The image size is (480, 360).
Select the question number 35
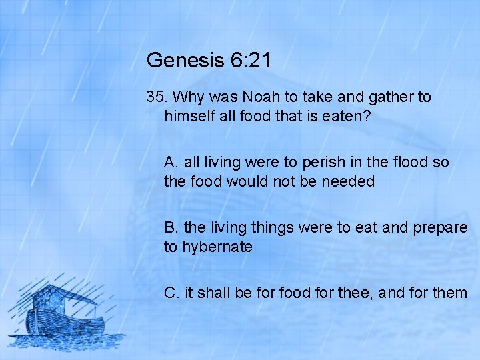point(156,97)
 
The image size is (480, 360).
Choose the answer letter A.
point(171,162)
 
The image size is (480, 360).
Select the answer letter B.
point(171,227)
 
